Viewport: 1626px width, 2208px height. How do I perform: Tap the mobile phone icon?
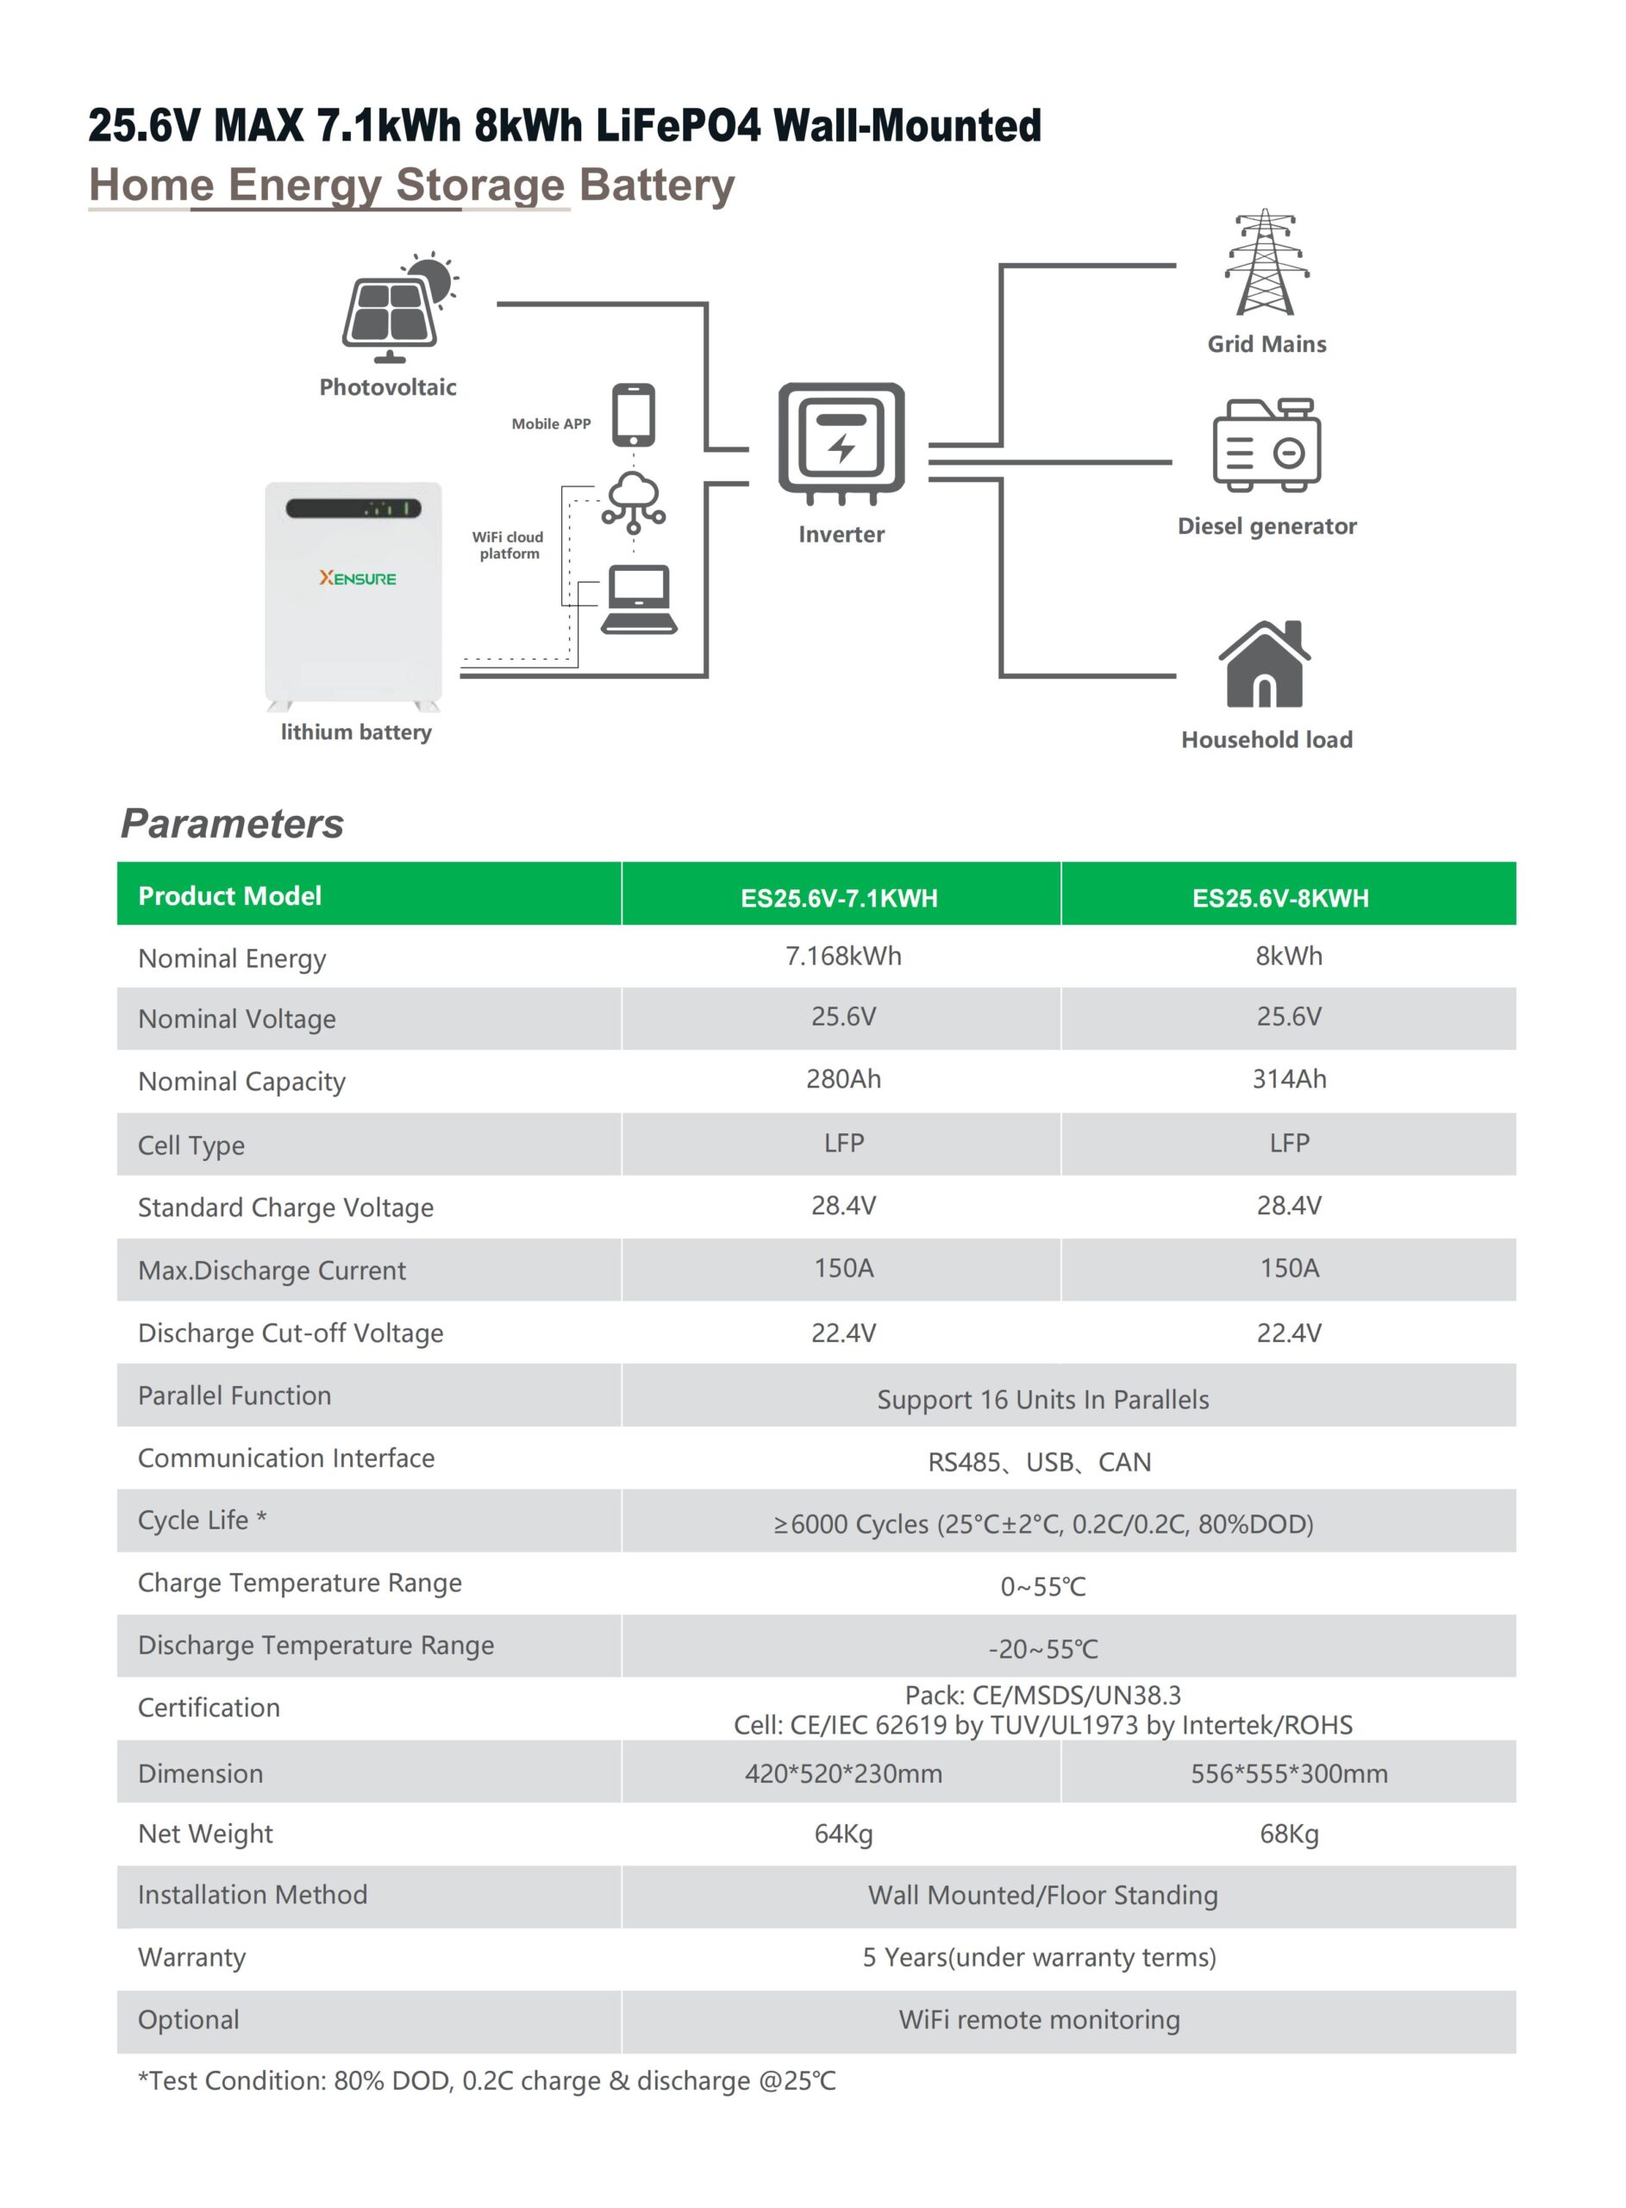tap(633, 414)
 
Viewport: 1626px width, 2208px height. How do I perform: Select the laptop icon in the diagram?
tap(639, 599)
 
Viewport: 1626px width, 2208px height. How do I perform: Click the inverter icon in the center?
tap(841, 440)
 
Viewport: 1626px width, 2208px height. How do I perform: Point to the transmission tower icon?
tap(1266, 263)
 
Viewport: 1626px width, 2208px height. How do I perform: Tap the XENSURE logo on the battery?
tap(357, 579)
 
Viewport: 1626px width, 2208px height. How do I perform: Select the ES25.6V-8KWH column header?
tap(1279, 898)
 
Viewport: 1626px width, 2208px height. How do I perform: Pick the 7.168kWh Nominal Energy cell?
tap(842, 956)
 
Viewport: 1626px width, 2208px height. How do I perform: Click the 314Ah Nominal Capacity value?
tap(1288, 1079)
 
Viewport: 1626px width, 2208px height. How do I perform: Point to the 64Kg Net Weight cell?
tap(842, 1834)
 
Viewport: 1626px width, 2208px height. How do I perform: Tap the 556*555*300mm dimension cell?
tap(1288, 1774)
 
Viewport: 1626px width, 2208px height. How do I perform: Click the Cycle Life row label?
tap(202, 1520)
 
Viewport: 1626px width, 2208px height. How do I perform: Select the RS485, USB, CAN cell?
tap(1040, 1462)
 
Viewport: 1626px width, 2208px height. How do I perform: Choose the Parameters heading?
tap(232, 824)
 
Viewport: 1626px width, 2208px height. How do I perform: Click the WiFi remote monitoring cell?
tap(1040, 2020)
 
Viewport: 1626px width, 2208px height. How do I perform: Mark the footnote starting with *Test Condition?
tap(486, 2081)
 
